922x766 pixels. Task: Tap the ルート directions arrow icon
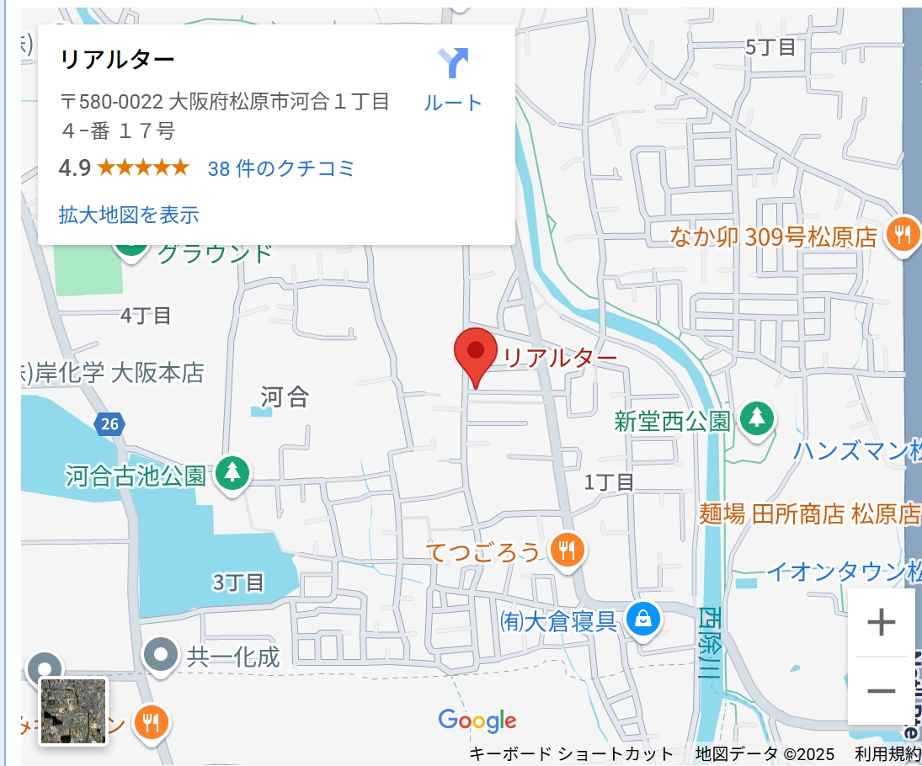coord(453,63)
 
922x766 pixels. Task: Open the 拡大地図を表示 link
coord(129,215)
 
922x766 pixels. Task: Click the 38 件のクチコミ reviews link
coord(281,168)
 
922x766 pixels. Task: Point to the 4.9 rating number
coord(74,168)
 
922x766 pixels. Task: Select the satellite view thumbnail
coord(74,711)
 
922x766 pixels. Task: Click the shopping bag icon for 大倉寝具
coord(643,620)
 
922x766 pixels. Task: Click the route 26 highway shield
coord(110,424)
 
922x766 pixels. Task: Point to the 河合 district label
coord(285,396)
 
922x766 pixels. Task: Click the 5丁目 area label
coord(770,47)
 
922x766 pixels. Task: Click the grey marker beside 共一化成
coord(161,654)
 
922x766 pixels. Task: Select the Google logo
coord(477,721)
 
